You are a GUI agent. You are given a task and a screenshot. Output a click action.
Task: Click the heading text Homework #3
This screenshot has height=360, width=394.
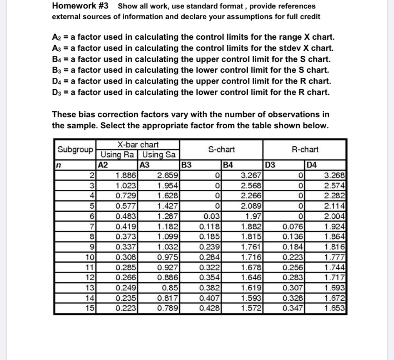click(80, 6)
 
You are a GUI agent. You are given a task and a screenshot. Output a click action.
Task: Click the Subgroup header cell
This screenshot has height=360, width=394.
click(75, 150)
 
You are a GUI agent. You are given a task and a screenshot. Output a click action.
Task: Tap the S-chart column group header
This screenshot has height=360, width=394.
click(221, 150)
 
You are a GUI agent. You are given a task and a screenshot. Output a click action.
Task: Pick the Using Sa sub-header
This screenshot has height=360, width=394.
click(159, 155)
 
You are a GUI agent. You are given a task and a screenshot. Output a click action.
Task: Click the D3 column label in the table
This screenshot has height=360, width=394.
click(271, 165)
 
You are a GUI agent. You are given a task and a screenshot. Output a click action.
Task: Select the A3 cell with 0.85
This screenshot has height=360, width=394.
click(170, 287)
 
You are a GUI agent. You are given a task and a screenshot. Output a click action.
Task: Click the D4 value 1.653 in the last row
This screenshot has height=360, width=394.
click(334, 308)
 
